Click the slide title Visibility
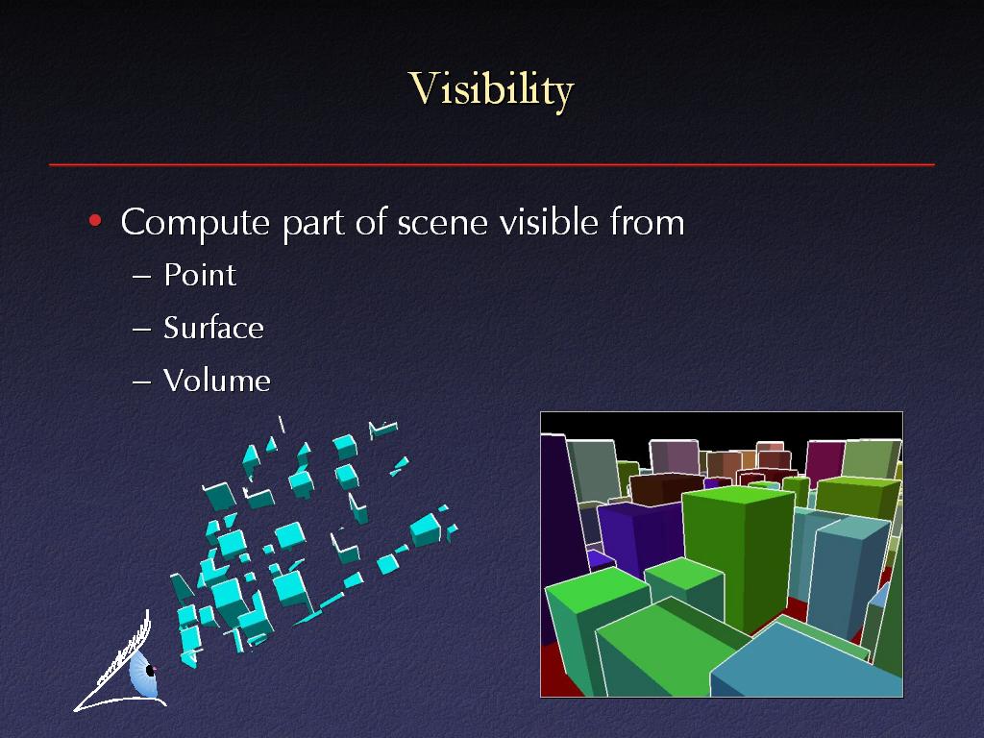pos(491,89)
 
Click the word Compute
pos(195,222)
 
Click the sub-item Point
pos(200,275)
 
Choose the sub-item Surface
pos(213,328)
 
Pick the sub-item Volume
pos(216,381)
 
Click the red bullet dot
pos(95,220)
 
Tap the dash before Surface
pos(142,329)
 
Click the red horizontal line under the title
pos(492,164)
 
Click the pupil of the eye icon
pos(151,670)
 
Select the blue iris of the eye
pos(143,674)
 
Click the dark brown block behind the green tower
pos(665,488)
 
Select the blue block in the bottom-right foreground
pos(804,664)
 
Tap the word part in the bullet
pos(313,225)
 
